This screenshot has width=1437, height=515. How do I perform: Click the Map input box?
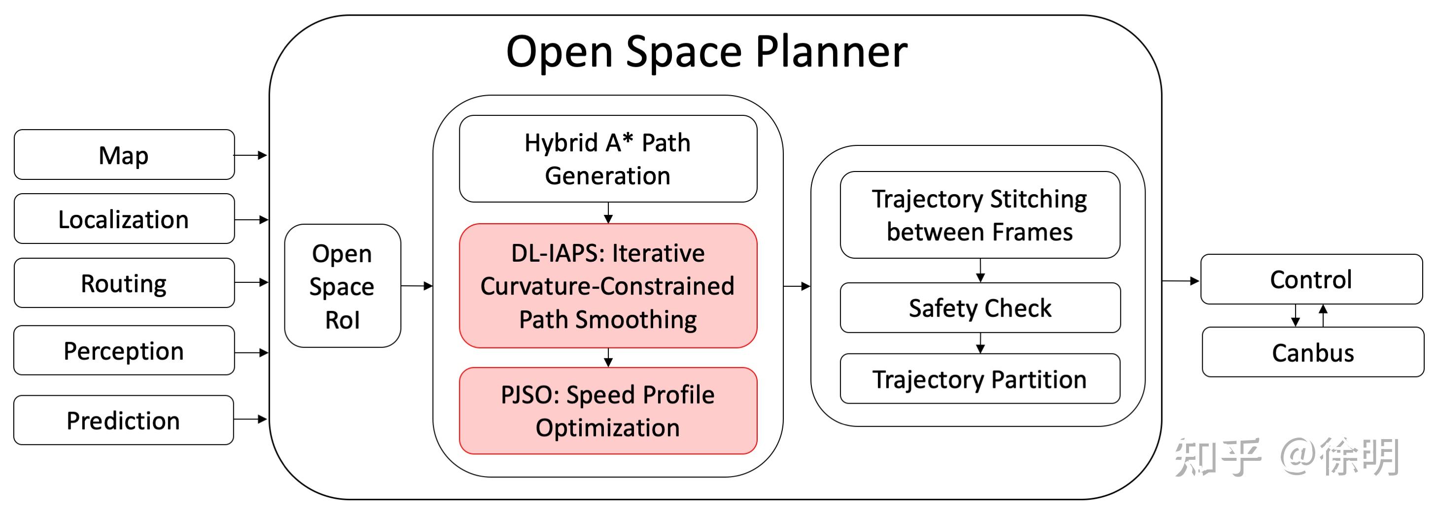click(x=124, y=155)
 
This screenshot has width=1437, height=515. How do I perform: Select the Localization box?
click(x=124, y=219)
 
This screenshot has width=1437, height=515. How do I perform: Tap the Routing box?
click(x=124, y=283)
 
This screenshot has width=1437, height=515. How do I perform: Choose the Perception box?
click(x=124, y=350)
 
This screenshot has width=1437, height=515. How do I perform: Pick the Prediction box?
click(x=124, y=420)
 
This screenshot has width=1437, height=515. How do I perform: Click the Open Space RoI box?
click(x=343, y=286)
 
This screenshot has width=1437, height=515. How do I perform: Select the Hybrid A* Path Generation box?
click(x=608, y=159)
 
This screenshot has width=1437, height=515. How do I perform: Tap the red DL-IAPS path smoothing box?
click(x=608, y=286)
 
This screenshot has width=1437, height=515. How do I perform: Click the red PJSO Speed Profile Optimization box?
click(x=608, y=411)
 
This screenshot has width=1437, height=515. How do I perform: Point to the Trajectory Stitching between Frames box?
click(x=980, y=215)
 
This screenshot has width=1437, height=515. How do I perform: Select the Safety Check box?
click(x=980, y=308)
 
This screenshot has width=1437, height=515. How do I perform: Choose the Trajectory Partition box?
click(x=980, y=379)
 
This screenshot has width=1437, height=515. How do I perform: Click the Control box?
click(x=1311, y=279)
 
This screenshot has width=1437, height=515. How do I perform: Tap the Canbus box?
click(x=1313, y=352)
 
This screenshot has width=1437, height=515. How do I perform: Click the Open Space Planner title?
click(x=706, y=51)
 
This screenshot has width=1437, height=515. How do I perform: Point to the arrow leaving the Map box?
click(x=250, y=155)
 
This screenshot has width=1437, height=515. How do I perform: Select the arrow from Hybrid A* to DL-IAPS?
click(x=608, y=212)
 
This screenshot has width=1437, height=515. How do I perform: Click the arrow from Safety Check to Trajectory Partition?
click(x=980, y=343)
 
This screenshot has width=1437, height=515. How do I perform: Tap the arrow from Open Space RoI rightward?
click(x=417, y=286)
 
